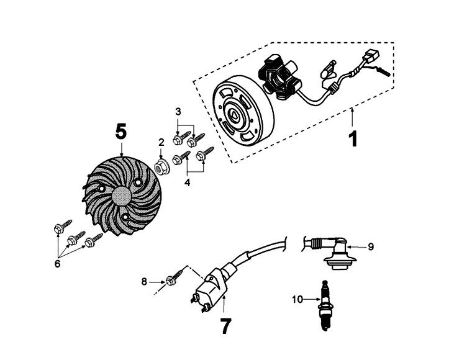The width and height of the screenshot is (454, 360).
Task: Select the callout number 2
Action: click(x=161, y=142)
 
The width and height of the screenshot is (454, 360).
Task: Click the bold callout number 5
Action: click(x=120, y=132)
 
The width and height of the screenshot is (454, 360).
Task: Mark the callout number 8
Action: click(x=145, y=282)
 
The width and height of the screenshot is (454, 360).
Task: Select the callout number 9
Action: click(x=370, y=246)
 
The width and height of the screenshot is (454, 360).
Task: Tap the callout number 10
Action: click(x=296, y=300)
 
